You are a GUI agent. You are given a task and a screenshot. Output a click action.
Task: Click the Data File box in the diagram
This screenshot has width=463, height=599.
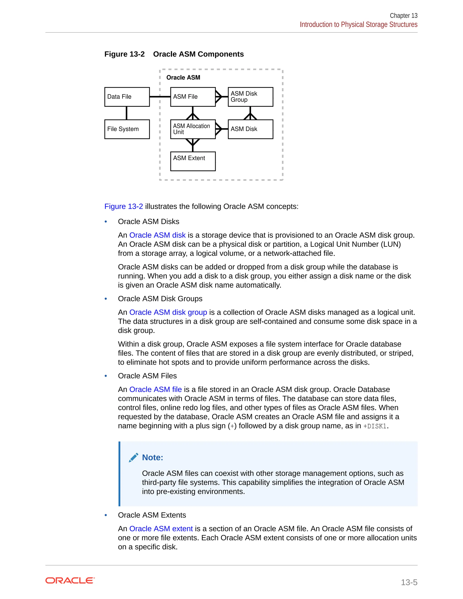[127, 97]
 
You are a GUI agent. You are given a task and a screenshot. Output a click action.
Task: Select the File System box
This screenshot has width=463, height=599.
[127, 129]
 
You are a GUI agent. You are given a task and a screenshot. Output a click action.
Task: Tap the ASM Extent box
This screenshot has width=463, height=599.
[193, 161]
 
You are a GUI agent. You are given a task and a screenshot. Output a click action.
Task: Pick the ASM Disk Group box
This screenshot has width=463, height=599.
[250, 97]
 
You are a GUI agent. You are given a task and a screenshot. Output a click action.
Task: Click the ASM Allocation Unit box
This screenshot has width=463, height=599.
[193, 129]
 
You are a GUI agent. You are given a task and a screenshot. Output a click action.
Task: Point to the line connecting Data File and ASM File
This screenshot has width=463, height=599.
[160, 97]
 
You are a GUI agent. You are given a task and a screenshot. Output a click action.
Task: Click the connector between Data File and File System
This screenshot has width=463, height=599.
[126, 113]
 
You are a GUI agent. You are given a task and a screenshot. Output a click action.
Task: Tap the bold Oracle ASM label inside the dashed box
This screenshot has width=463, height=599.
[183, 78]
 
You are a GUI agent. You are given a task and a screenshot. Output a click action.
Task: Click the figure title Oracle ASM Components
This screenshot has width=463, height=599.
[198, 54]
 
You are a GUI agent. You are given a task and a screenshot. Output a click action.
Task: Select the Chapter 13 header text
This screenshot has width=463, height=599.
[404, 16]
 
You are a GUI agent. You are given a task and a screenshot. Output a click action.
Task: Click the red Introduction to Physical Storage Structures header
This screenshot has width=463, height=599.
[359, 25]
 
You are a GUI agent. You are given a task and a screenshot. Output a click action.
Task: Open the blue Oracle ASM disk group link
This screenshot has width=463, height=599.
[168, 312]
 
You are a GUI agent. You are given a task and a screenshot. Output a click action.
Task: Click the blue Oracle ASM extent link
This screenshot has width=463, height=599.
[161, 529]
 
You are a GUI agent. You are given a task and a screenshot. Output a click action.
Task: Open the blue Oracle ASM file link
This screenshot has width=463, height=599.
[156, 389]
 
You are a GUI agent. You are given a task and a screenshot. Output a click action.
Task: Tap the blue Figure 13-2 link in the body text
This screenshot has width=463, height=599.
[123, 207]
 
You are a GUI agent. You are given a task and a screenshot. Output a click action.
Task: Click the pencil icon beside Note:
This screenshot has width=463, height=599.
[134, 458]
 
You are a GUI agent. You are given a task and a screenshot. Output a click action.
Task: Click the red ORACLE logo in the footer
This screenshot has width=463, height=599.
[70, 581]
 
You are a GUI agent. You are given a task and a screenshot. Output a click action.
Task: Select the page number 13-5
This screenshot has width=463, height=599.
[409, 582]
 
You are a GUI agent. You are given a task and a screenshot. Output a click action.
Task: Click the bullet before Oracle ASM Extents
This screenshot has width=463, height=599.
[106, 515]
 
